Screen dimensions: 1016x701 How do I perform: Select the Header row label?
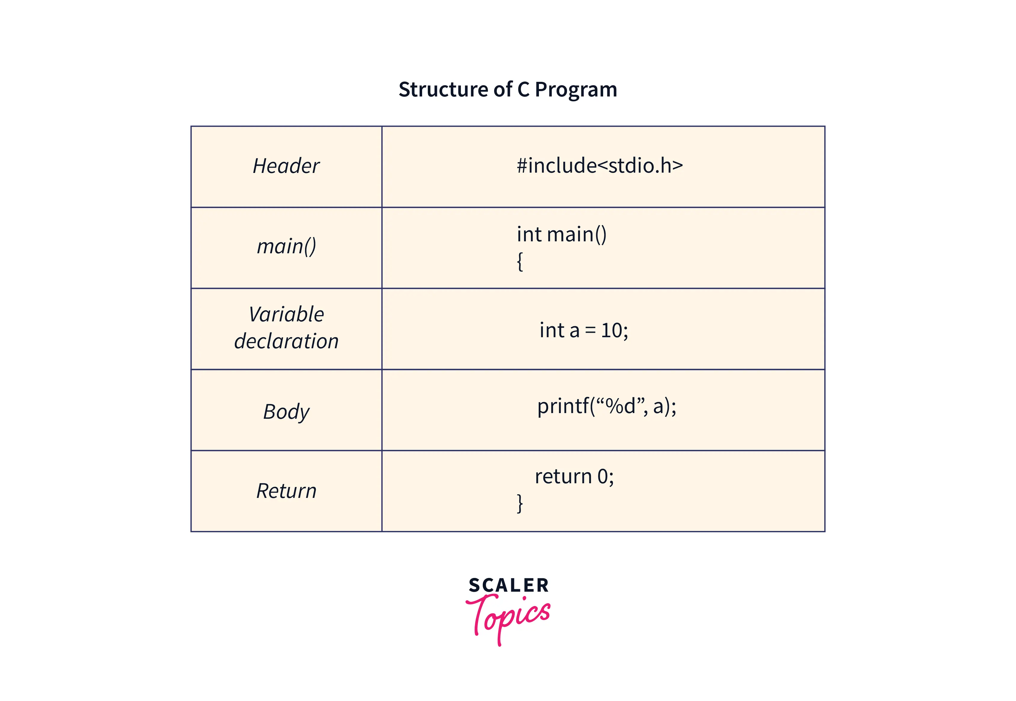[286, 166]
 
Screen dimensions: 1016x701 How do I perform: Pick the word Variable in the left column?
[286, 315]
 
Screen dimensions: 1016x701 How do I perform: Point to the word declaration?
[286, 341]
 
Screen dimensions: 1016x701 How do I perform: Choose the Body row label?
[286, 412]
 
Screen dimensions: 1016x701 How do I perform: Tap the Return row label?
[286, 491]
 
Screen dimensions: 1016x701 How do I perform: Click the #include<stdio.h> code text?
[600, 165]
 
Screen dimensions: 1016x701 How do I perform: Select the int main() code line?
[561, 234]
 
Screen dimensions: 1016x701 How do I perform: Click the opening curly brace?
[520, 262]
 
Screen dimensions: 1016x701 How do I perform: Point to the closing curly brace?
[520, 503]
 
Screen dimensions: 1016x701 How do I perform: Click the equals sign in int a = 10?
[590, 331]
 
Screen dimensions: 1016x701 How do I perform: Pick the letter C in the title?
[523, 90]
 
